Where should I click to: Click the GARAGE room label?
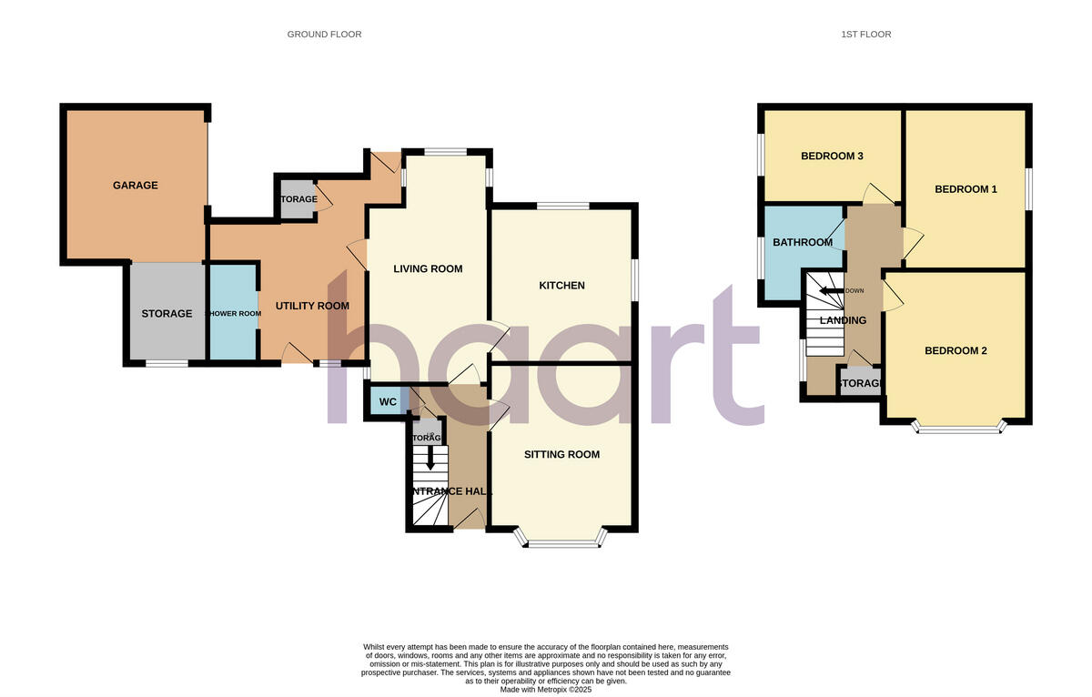[135, 186]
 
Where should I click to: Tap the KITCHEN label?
[561, 286]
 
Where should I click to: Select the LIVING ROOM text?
[428, 269]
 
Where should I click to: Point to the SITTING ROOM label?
[561, 455]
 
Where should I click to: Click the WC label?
[388, 402]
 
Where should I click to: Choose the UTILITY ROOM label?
[312, 307]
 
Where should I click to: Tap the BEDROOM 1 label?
[966, 190]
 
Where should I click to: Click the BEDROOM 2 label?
[955, 351]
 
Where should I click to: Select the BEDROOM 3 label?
[831, 157]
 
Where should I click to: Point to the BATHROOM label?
[802, 243]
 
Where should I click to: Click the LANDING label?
[843, 320]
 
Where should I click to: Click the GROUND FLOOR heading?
[324, 35]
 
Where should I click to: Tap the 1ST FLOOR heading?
[865, 35]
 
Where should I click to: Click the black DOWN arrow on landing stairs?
[831, 291]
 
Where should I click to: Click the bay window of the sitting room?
[561, 543]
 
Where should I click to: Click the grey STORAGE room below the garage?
[167, 313]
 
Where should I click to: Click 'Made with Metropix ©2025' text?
[546, 690]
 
